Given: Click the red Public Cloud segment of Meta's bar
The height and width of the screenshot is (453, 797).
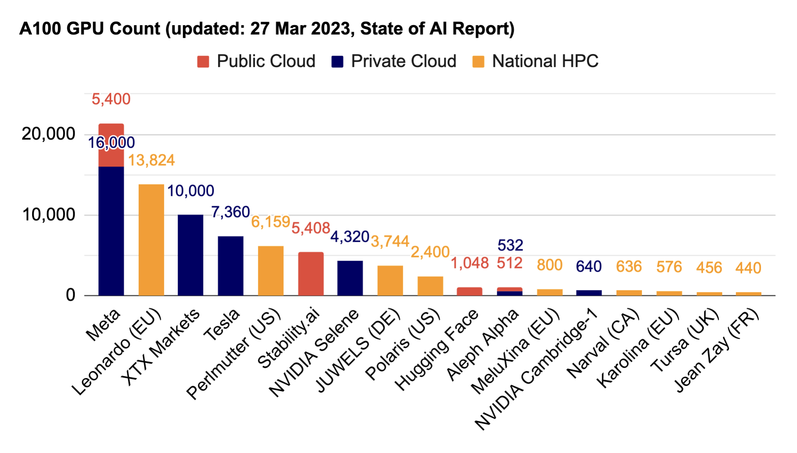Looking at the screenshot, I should [x=111, y=145].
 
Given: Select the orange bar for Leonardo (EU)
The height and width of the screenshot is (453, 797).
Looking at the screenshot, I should [x=151, y=240].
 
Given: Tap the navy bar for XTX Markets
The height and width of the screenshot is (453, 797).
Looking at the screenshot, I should [x=190, y=255].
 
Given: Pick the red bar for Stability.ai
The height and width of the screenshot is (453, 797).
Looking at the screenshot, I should [x=311, y=274].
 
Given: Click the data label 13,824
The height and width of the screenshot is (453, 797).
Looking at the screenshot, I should [x=151, y=160].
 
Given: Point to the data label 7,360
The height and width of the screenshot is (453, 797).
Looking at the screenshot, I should [x=230, y=212].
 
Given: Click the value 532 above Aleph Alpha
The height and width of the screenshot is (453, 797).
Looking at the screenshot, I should [x=510, y=245].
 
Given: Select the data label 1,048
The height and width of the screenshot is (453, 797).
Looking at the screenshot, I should [x=469, y=263].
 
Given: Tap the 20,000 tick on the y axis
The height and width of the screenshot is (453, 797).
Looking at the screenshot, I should [x=48, y=134].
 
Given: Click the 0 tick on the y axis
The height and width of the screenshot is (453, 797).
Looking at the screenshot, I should [x=70, y=295].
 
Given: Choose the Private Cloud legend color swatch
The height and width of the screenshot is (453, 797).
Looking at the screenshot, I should [x=337, y=62].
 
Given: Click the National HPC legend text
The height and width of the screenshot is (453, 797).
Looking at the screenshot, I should [x=545, y=62].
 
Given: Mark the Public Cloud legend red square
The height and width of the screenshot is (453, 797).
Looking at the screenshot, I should [x=203, y=62].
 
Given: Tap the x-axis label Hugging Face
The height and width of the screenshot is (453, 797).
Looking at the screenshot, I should [x=437, y=350].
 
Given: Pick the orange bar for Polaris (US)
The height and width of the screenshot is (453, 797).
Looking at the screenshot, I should [x=430, y=286].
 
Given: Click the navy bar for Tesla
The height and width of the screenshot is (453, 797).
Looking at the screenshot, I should [x=231, y=266].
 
